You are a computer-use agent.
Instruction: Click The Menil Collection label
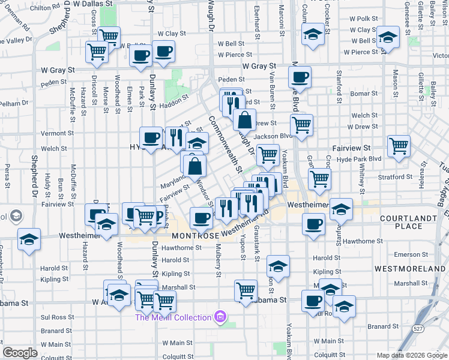[x=173, y=317]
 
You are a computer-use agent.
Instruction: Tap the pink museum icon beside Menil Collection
[x=220, y=316]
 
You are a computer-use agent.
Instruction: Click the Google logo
[x=20, y=353]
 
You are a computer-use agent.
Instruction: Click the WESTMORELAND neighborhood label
[x=411, y=268]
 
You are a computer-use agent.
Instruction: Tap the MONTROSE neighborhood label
[x=194, y=236]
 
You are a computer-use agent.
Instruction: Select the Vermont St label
[x=58, y=133]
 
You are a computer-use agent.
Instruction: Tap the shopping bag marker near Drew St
[x=244, y=120]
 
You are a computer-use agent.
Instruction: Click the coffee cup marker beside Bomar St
[x=300, y=77]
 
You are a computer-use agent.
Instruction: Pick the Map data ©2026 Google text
[x=412, y=355]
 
